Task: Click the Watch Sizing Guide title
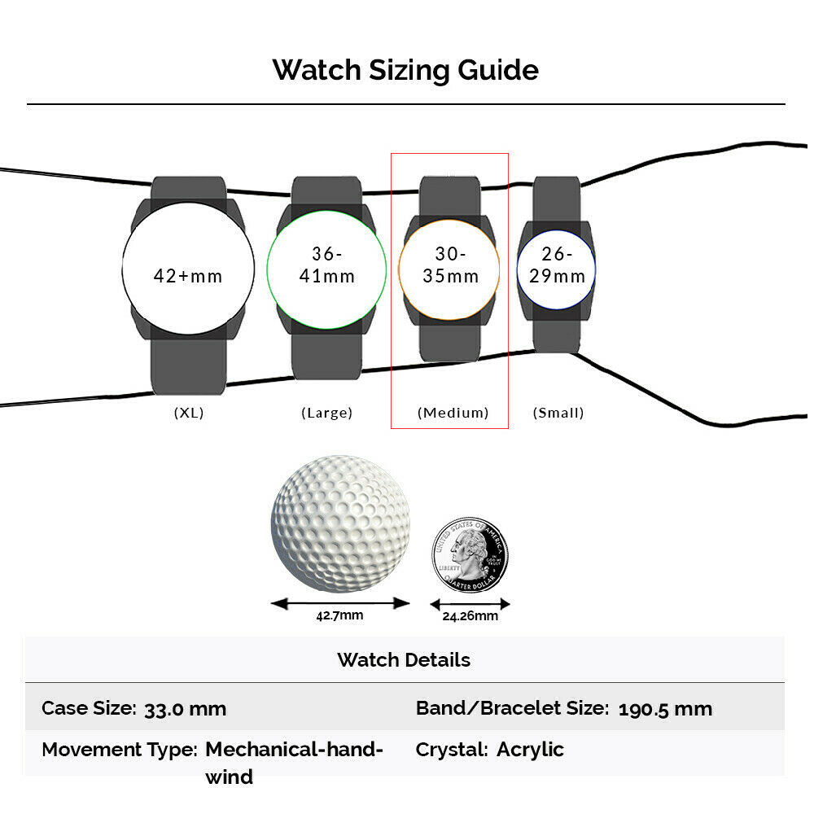pyautogui.click(x=405, y=70)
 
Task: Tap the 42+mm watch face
pyautogui.click(x=189, y=269)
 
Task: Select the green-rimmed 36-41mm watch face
pyautogui.click(x=326, y=269)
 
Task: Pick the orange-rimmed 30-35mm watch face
pyautogui.click(x=449, y=269)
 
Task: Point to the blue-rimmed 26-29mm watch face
pyautogui.click(x=556, y=269)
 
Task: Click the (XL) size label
pyautogui.click(x=189, y=413)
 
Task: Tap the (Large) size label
pyautogui.click(x=326, y=413)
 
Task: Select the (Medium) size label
pyautogui.click(x=453, y=413)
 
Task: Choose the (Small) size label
pyautogui.click(x=558, y=413)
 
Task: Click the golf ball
pyautogui.click(x=340, y=523)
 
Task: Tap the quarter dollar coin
pyautogui.click(x=470, y=555)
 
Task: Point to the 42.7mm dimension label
pyautogui.click(x=339, y=615)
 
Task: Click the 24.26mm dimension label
pyautogui.click(x=470, y=616)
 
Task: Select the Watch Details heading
pyautogui.click(x=404, y=660)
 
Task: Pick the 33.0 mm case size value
pyautogui.click(x=185, y=709)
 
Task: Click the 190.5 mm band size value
pyautogui.click(x=665, y=709)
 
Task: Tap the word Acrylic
pyautogui.click(x=530, y=751)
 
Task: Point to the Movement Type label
pyautogui.click(x=120, y=751)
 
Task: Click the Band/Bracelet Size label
pyautogui.click(x=512, y=708)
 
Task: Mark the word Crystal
pyautogui.click(x=452, y=751)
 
